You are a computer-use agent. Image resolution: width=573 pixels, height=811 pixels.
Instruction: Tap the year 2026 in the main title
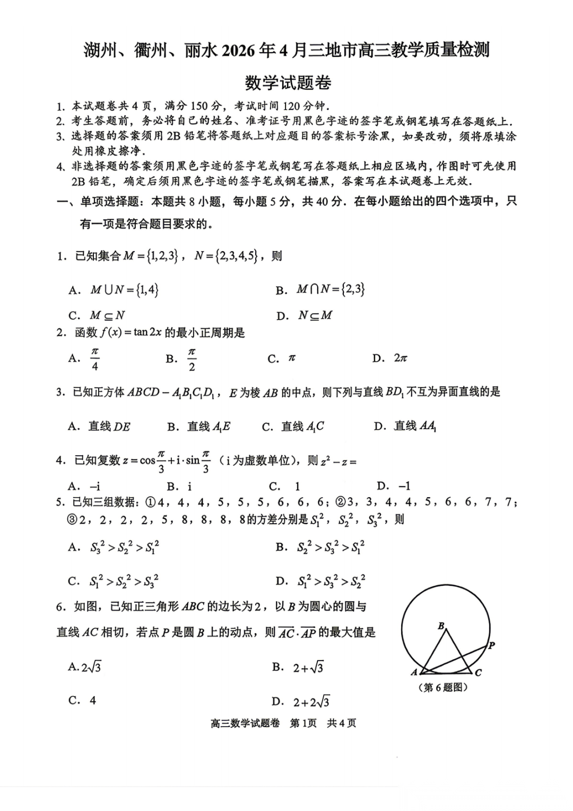point(237,50)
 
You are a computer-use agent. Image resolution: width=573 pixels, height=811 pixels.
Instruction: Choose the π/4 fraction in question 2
point(95,359)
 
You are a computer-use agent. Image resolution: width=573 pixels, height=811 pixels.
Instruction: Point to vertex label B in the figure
point(441,626)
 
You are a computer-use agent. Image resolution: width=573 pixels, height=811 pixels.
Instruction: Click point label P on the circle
point(492,645)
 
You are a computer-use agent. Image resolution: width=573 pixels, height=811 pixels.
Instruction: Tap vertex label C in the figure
point(478,673)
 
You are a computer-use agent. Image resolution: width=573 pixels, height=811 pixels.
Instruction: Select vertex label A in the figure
point(414,673)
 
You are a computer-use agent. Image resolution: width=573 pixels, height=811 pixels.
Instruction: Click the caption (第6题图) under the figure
point(443,688)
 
